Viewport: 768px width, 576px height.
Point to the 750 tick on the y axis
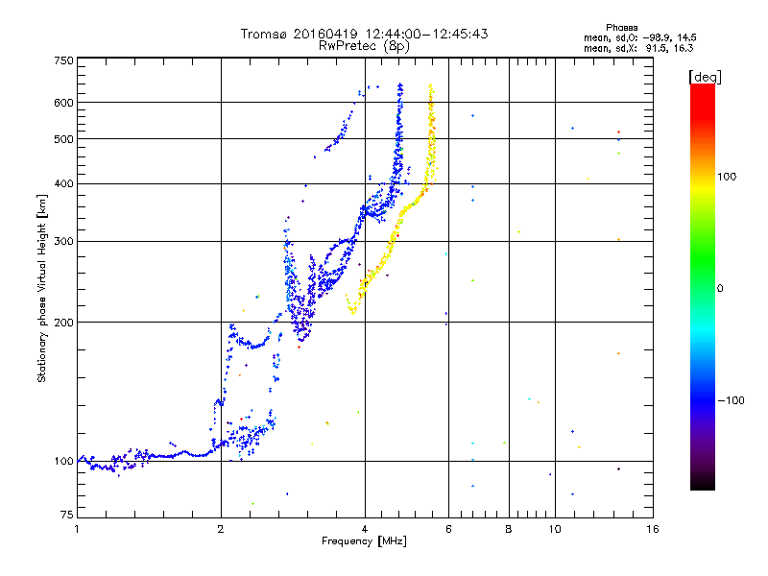[x=63, y=60]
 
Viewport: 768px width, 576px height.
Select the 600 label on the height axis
[x=63, y=103]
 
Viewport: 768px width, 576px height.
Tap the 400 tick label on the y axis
[x=63, y=183]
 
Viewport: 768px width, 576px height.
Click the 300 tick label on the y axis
[x=63, y=241]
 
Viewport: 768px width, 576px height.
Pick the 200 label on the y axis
[x=63, y=323]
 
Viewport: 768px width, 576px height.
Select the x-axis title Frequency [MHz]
[x=364, y=542]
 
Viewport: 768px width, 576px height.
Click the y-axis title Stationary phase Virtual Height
[x=42, y=289]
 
